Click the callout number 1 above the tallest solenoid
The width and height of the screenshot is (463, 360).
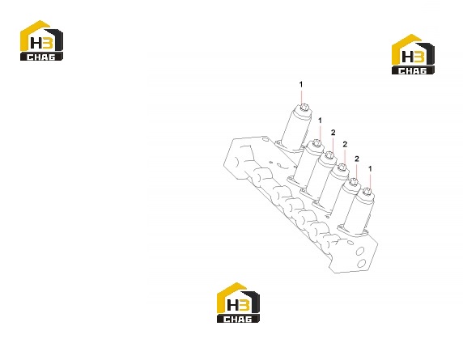click(x=301, y=85)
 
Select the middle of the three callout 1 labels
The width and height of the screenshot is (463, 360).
click(x=320, y=121)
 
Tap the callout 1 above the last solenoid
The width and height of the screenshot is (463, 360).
click(x=370, y=169)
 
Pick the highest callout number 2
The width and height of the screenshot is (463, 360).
click(x=333, y=133)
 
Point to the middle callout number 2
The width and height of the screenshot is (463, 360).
click(x=345, y=144)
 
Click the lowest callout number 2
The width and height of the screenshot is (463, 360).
click(x=357, y=159)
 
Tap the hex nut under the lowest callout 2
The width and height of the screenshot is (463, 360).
click(x=354, y=182)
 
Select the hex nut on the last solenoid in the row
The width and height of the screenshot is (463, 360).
click(x=367, y=192)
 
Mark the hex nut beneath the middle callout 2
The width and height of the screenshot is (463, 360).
click(x=342, y=167)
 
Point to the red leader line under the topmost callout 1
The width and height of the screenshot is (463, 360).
click(x=301, y=97)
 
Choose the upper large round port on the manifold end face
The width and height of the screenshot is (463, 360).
click(x=360, y=251)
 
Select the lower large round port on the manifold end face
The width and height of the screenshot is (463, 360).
click(x=362, y=262)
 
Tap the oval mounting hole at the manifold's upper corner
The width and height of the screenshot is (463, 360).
click(x=265, y=138)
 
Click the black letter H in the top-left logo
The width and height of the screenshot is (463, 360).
click(x=36, y=43)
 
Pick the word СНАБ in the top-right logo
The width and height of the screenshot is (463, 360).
click(x=413, y=70)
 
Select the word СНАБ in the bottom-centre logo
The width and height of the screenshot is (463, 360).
click(x=238, y=319)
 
